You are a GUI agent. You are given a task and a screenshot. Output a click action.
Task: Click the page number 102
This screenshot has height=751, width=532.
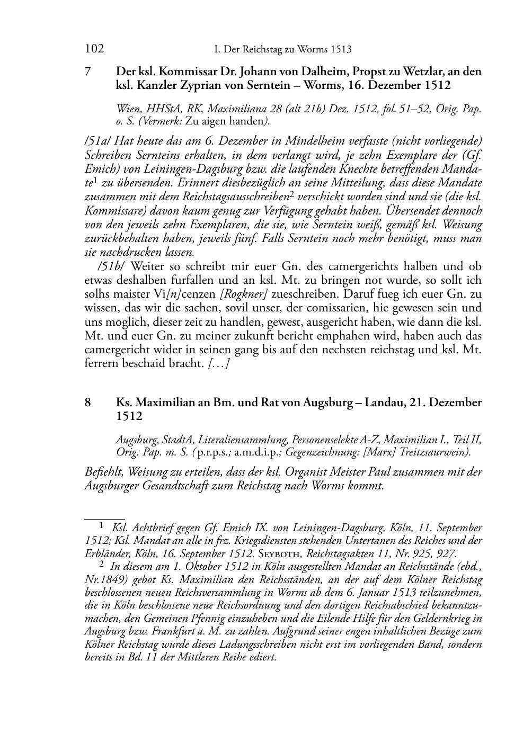tap(94, 49)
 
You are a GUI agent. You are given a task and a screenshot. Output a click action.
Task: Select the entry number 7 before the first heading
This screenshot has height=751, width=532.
tap(88, 71)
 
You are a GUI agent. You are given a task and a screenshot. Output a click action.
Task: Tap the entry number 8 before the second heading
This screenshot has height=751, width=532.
tap(88, 403)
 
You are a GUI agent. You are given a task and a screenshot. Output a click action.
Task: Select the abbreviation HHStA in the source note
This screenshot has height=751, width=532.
tap(161, 110)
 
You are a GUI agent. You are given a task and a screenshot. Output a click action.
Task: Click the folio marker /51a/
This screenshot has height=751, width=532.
tap(97, 141)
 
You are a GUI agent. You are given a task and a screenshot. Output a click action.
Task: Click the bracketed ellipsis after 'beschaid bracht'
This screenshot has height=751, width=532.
tap(218, 363)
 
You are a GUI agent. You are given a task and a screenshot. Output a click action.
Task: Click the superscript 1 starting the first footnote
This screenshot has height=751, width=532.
tap(102, 526)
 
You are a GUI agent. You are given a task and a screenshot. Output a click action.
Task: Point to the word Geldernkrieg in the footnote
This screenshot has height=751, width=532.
tap(437, 618)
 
